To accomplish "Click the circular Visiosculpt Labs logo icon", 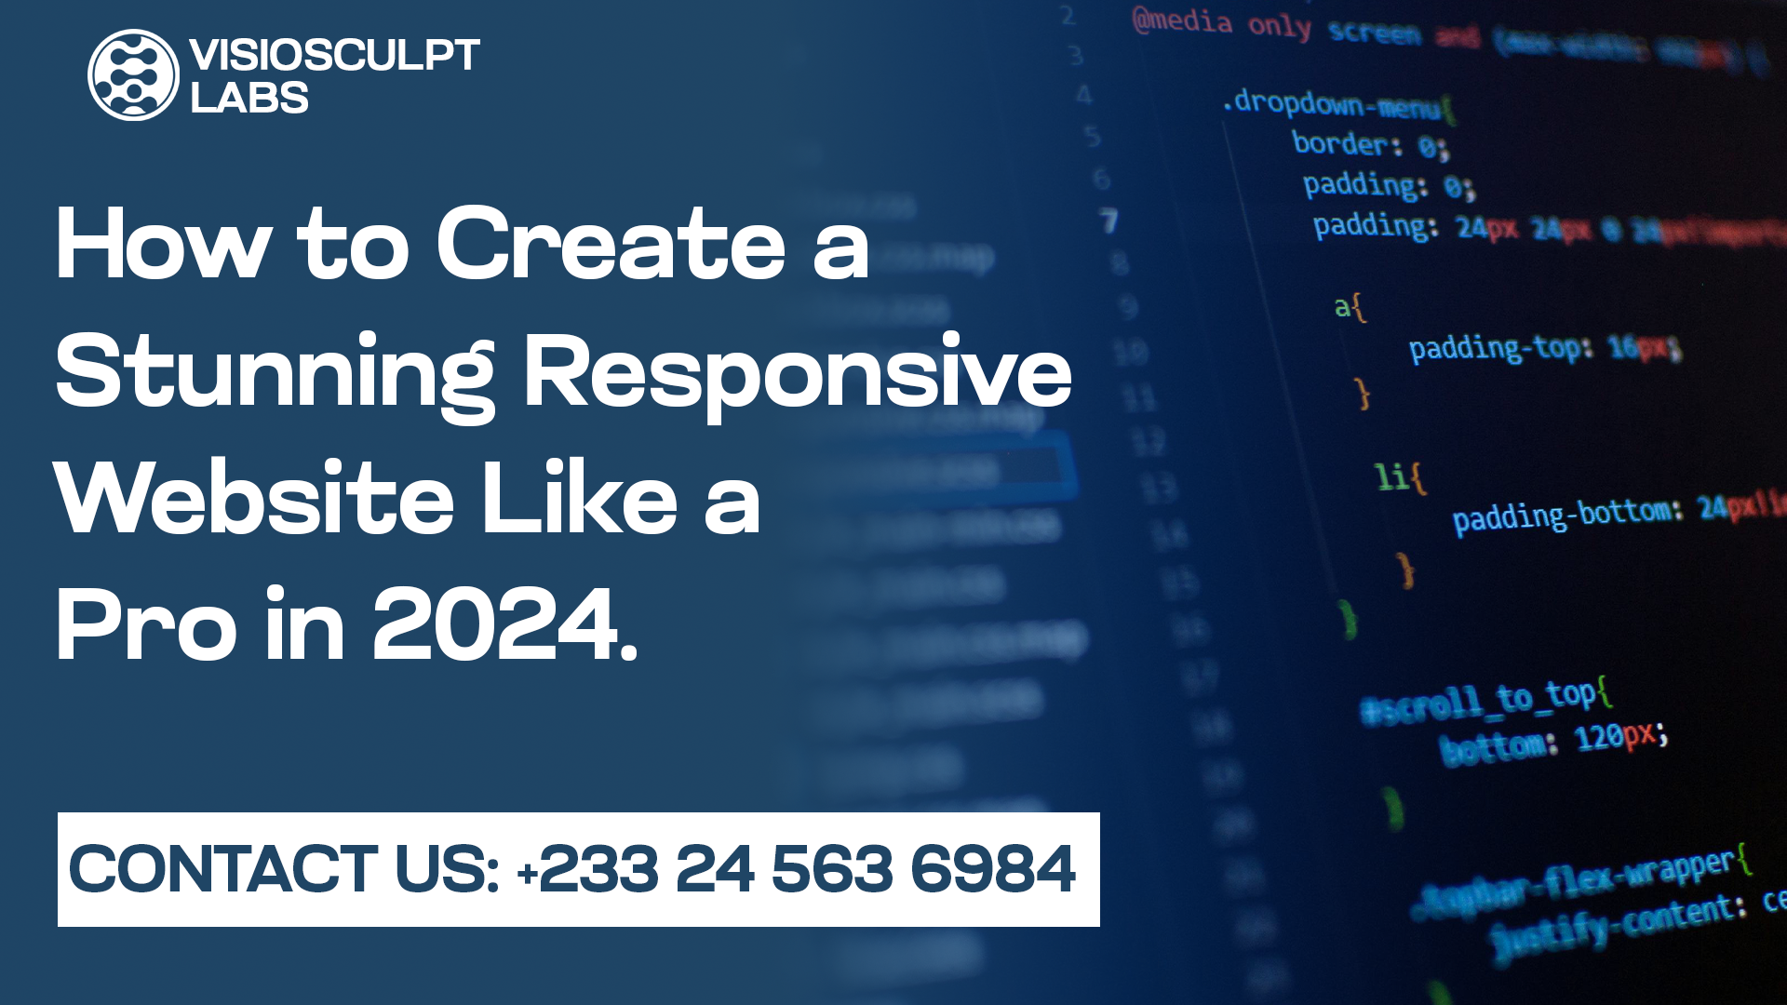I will [x=133, y=74].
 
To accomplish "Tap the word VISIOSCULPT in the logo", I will [x=334, y=55].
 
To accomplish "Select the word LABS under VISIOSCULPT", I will [x=249, y=98].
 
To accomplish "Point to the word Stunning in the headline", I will [x=275, y=372].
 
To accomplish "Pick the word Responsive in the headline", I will [x=798, y=372].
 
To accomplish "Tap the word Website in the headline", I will [x=254, y=499].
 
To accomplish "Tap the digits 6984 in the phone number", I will [x=992, y=869].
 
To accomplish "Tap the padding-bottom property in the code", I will [x=1566, y=515].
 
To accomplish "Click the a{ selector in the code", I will [x=1350, y=306].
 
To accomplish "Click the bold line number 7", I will [x=1108, y=221].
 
